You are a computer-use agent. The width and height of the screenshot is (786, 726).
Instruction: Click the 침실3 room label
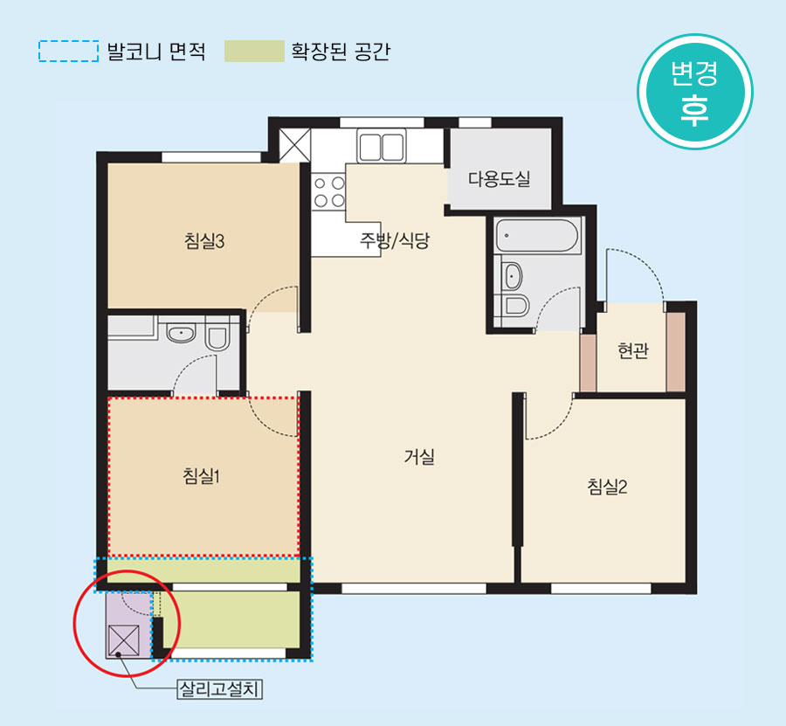pos(204,241)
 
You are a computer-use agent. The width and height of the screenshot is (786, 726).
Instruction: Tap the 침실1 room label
pos(202,475)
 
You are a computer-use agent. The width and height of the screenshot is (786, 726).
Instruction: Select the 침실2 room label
pos(607,487)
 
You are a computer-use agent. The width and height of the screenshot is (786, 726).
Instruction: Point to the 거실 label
pos(419,456)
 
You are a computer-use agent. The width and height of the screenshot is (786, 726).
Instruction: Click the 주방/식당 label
pos(395,240)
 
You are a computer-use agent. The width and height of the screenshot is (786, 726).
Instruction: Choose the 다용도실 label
pos(499,178)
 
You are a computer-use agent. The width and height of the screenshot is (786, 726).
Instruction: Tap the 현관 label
pos(632,350)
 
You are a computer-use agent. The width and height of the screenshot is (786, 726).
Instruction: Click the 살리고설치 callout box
pos(220,689)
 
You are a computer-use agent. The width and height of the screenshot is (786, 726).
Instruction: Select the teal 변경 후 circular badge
pos(695,92)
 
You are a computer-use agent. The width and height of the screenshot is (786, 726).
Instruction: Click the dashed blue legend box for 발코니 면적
pos(68,52)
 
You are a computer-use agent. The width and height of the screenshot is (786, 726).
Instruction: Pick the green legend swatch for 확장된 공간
pos(254,52)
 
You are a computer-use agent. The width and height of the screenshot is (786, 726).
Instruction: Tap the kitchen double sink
pos(382,146)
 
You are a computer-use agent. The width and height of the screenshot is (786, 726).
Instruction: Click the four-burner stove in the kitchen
pos(329,191)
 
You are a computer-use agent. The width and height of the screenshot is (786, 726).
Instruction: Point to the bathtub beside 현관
pos(537,236)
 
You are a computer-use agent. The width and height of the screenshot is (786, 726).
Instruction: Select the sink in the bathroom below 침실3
pos(181,334)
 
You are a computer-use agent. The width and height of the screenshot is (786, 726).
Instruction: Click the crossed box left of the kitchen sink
pos(295,145)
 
